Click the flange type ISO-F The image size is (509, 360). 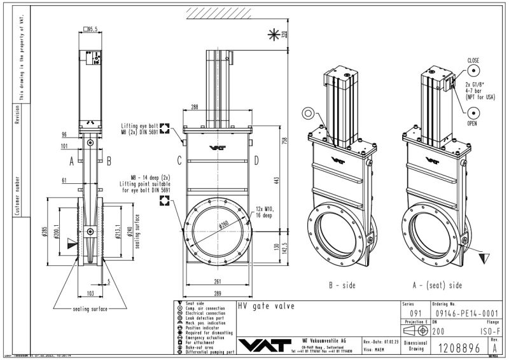click(486, 331)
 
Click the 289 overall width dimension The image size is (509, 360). click(218, 294)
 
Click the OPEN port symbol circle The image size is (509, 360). click(473, 113)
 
